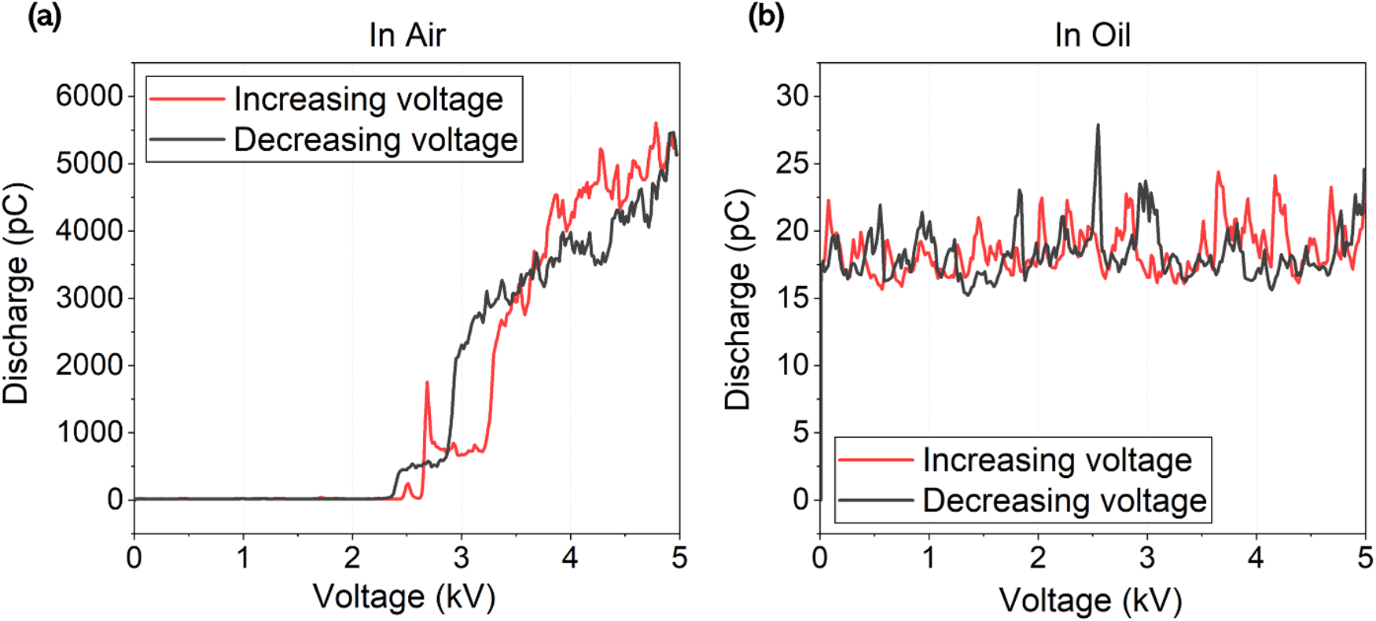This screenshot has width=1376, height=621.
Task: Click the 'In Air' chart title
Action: (407, 35)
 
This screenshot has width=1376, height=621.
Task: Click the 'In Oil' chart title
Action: (1092, 35)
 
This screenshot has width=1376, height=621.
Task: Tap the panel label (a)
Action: (44, 17)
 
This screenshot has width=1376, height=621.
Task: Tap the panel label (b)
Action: (766, 17)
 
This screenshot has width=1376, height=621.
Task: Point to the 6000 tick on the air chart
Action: (89, 96)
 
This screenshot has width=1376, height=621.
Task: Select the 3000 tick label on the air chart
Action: (89, 298)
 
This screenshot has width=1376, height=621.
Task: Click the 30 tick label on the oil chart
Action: (792, 96)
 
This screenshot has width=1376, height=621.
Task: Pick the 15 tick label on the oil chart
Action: (792, 298)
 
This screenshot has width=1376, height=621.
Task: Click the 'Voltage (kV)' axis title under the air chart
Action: (404, 597)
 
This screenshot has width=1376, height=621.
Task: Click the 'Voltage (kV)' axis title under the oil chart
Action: (1091, 601)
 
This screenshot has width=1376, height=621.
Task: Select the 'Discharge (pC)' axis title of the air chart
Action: (17, 293)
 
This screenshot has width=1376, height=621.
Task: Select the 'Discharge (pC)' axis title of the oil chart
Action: (738, 299)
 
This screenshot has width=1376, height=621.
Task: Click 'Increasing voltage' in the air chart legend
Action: (368, 100)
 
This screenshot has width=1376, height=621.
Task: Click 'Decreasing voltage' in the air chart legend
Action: (375, 140)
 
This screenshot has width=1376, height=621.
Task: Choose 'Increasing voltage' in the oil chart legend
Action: (1057, 461)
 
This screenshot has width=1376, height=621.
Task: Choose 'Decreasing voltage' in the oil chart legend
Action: (1064, 501)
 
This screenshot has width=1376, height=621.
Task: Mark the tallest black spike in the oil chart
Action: (1098, 126)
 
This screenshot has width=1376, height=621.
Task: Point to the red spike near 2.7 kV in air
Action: (427, 384)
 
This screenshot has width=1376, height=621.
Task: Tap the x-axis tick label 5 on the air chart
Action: (679, 557)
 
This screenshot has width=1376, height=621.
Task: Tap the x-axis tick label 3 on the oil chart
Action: (1146, 557)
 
